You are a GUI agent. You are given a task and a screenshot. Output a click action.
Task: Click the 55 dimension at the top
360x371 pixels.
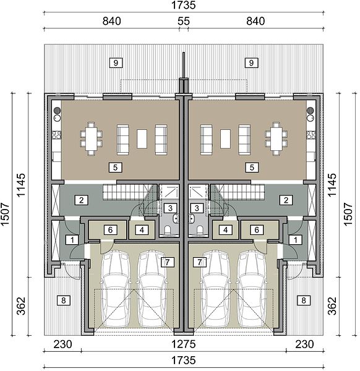click(x=184, y=21)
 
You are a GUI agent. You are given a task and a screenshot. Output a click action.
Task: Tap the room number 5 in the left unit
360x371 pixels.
click(x=115, y=168)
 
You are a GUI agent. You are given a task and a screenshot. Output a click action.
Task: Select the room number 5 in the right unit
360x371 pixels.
click(x=252, y=168)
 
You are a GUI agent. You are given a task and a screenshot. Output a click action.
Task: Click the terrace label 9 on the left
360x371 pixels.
click(x=116, y=63)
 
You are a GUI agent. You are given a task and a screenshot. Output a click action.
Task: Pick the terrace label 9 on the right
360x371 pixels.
click(x=251, y=63)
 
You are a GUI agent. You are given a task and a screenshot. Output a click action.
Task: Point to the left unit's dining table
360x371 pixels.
click(x=92, y=139)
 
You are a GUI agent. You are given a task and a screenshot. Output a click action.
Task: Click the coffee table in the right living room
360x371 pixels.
click(x=225, y=139)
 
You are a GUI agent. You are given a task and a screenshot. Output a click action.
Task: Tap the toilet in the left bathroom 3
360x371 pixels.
click(x=168, y=229)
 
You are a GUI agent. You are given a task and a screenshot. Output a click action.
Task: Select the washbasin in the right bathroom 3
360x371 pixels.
click(x=192, y=219)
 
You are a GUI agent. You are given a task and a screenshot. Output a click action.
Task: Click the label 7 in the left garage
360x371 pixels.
click(x=168, y=262)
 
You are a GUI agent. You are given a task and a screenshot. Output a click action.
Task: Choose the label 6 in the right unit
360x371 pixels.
click(x=257, y=230)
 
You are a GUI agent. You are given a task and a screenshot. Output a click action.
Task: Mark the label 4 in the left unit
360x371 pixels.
click(x=142, y=230)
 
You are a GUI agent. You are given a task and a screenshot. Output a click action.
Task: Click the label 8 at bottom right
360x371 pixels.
click(x=304, y=301)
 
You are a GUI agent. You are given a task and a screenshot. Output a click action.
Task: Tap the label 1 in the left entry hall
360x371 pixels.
click(x=72, y=240)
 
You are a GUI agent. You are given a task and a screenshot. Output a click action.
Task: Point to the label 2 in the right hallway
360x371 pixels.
click(x=286, y=200)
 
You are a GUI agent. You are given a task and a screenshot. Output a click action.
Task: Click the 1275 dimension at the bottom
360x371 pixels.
click(x=184, y=344)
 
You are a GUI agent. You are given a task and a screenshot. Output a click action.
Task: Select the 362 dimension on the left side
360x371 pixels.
click(x=21, y=306)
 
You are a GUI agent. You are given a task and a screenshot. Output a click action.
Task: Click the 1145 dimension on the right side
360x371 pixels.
click(x=332, y=184)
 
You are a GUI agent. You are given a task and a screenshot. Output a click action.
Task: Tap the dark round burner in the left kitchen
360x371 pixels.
click(x=57, y=110)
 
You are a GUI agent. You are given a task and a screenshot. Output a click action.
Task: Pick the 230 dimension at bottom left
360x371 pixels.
click(x=62, y=344)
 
